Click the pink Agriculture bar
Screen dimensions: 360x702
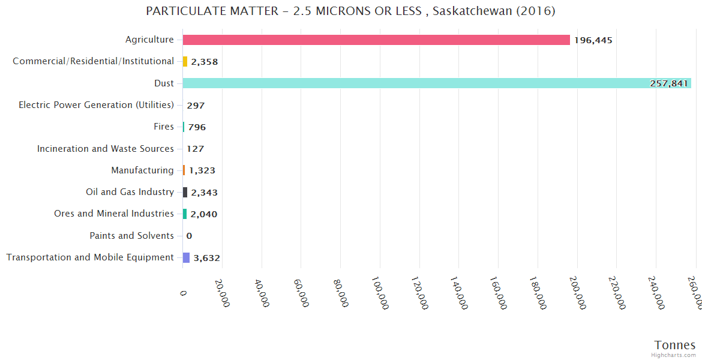tap(376, 40)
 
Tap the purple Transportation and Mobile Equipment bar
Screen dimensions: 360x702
tap(186, 257)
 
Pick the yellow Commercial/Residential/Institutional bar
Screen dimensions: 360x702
tap(185, 61)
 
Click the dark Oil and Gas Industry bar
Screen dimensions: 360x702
tap(185, 192)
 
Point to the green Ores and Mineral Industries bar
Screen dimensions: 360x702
tap(185, 214)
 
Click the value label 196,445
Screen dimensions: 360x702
tap(593, 40)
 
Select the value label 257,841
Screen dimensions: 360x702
tap(668, 83)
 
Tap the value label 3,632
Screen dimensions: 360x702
tap(206, 258)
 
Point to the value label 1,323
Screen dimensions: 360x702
tap(202, 170)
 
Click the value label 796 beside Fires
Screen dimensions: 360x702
tap(197, 127)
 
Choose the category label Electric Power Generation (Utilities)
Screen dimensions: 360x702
tap(96, 105)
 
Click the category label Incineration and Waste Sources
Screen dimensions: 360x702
tap(105, 149)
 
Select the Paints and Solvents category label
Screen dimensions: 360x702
tap(131, 236)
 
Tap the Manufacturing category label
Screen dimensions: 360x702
tap(142, 170)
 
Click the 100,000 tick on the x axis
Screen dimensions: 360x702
tap(380, 292)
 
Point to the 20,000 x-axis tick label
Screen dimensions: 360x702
tap(222, 292)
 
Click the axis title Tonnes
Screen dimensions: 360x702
tap(674, 345)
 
